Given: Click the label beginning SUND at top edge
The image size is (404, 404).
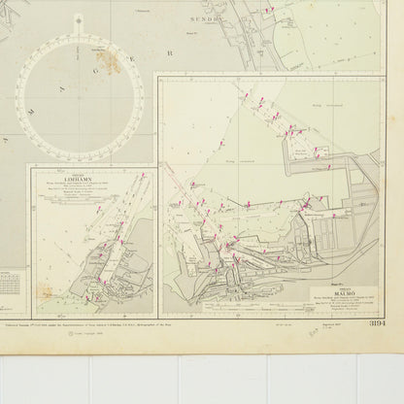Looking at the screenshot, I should coord(207,17).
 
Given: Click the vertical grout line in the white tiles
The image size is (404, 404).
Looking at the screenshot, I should coord(179,379).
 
